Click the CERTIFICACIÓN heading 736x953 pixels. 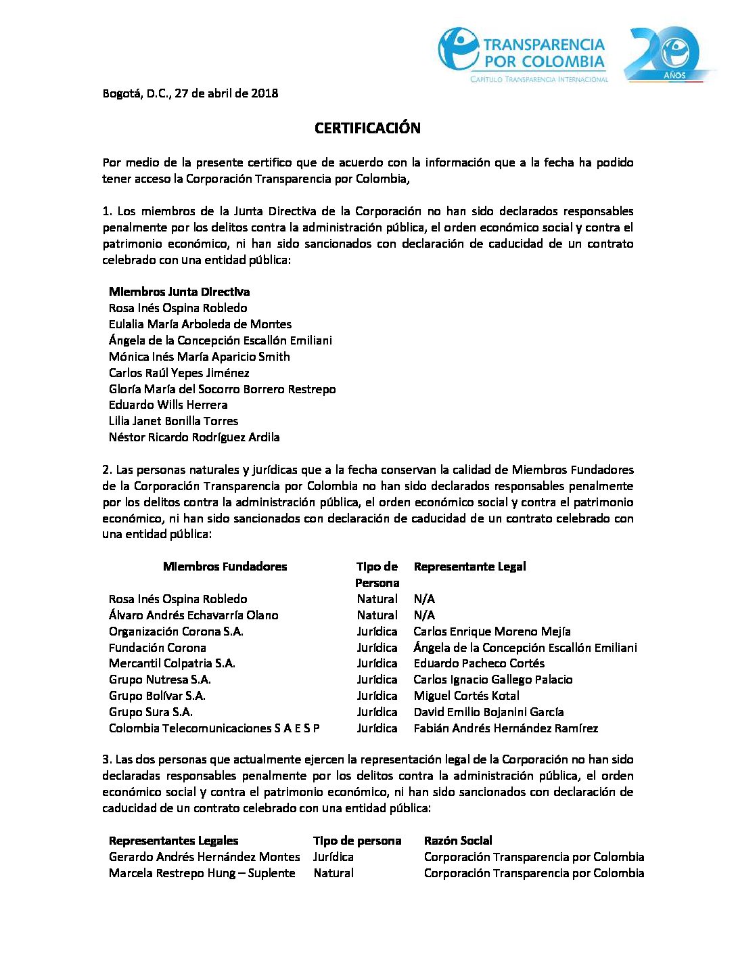coord(367,128)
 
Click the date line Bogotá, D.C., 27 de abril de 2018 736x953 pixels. coord(190,93)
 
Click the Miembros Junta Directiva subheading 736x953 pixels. coord(179,292)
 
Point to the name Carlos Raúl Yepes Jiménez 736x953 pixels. coord(179,373)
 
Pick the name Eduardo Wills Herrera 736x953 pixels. coord(168,405)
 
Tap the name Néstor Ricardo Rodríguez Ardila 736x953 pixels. coord(194,437)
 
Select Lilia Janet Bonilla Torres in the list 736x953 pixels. coord(173,421)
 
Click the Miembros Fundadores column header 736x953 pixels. coord(225,567)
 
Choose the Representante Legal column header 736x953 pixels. coord(469,567)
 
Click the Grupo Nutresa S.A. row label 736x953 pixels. coord(160,680)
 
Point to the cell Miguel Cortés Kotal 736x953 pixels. coord(466,696)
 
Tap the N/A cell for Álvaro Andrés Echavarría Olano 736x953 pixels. coord(424,615)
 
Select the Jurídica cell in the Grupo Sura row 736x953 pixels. coord(377,712)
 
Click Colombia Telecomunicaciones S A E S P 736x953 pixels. coord(214,728)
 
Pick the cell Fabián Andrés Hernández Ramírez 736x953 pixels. coord(505,728)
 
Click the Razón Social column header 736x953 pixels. coord(458,841)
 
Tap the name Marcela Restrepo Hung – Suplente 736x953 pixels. coord(202,873)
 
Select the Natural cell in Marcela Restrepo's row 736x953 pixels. coord(333,873)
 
